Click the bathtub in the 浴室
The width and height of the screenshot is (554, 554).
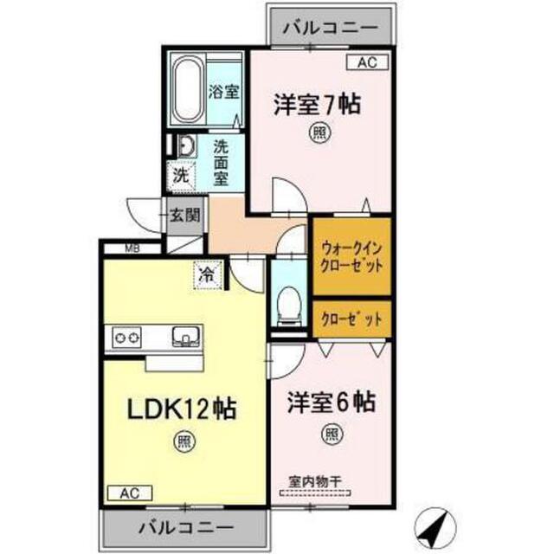click(188, 90)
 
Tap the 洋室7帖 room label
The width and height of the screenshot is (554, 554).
click(318, 105)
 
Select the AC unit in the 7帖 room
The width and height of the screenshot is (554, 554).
click(367, 62)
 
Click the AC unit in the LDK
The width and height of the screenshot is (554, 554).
click(130, 493)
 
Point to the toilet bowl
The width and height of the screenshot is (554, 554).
click(289, 305)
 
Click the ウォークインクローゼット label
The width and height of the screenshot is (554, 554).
click(351, 257)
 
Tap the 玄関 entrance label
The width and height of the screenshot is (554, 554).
click(184, 216)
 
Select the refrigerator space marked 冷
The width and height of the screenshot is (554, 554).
click(208, 274)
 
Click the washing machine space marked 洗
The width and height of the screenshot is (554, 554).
click(181, 176)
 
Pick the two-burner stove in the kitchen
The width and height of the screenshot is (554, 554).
click(126, 338)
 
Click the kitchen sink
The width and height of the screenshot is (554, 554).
click(186, 336)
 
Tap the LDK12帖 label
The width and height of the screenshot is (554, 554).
click(181, 409)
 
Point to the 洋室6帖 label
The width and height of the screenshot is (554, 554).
click(331, 402)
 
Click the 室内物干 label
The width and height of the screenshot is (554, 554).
click(315, 481)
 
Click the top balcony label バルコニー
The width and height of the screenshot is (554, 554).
click(331, 28)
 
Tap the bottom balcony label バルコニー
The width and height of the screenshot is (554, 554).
click(185, 528)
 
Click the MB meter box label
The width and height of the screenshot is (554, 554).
click(132, 248)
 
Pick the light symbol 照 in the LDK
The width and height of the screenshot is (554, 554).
click(184, 441)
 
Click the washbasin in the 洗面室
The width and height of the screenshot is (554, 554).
click(187, 146)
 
